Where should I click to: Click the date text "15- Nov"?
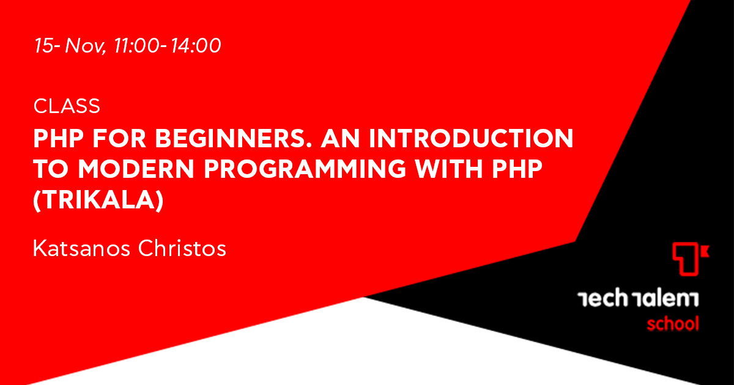click(x=70, y=46)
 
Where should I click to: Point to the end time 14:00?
click(x=196, y=45)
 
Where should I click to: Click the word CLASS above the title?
click(x=67, y=106)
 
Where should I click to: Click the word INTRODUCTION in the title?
click(x=471, y=139)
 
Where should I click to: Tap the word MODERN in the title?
click(x=136, y=169)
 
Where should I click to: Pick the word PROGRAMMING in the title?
click(x=305, y=169)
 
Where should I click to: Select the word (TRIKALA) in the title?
click(x=98, y=200)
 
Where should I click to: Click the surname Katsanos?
click(x=81, y=249)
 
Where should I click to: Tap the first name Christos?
click(x=182, y=249)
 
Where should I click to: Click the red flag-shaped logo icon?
click(x=691, y=258)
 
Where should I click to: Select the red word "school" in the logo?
click(x=673, y=324)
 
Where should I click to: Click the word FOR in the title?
click(x=119, y=139)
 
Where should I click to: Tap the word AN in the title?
click(x=341, y=139)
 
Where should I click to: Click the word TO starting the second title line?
click(x=51, y=169)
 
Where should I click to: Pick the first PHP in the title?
click(x=59, y=139)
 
